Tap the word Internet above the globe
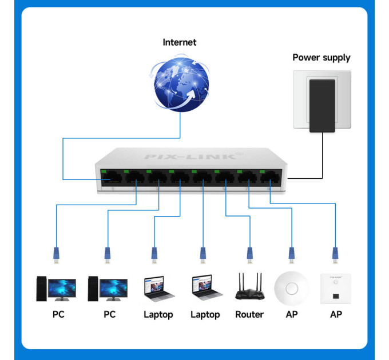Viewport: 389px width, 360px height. pos(179,42)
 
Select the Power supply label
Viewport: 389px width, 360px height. pos(321,57)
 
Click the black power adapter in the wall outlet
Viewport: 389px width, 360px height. pos(322,106)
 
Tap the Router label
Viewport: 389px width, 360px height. pos(249,315)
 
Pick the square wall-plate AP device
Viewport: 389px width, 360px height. pos(335,287)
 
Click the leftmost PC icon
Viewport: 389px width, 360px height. pos(56,288)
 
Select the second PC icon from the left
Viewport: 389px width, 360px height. pos(108,288)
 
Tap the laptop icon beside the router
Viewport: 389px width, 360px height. pos(205,288)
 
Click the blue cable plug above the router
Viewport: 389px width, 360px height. pos(249,253)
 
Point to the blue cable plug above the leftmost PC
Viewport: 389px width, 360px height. pos(56,253)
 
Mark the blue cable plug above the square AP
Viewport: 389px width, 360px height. pos(335,253)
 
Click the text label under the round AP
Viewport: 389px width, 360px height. pos(291,315)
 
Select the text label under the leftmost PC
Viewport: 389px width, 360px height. pos(58,315)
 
